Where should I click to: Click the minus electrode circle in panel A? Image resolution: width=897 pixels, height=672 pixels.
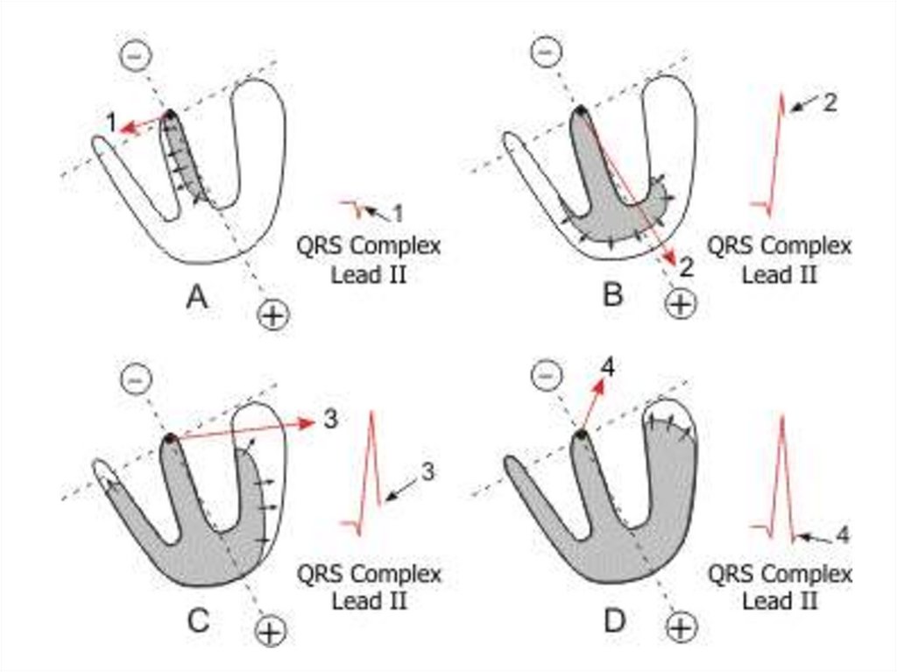[x=133, y=55]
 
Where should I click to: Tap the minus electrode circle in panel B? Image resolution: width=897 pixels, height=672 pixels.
[x=545, y=52]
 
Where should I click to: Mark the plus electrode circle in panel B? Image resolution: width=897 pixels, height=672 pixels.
[x=681, y=303]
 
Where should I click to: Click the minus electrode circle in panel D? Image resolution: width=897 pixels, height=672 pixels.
[x=545, y=376]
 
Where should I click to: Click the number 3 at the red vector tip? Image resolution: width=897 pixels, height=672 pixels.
[x=330, y=420]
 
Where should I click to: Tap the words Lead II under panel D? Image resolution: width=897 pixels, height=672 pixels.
[x=780, y=601]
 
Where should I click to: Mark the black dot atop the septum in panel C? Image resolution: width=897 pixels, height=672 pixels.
[x=169, y=436]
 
